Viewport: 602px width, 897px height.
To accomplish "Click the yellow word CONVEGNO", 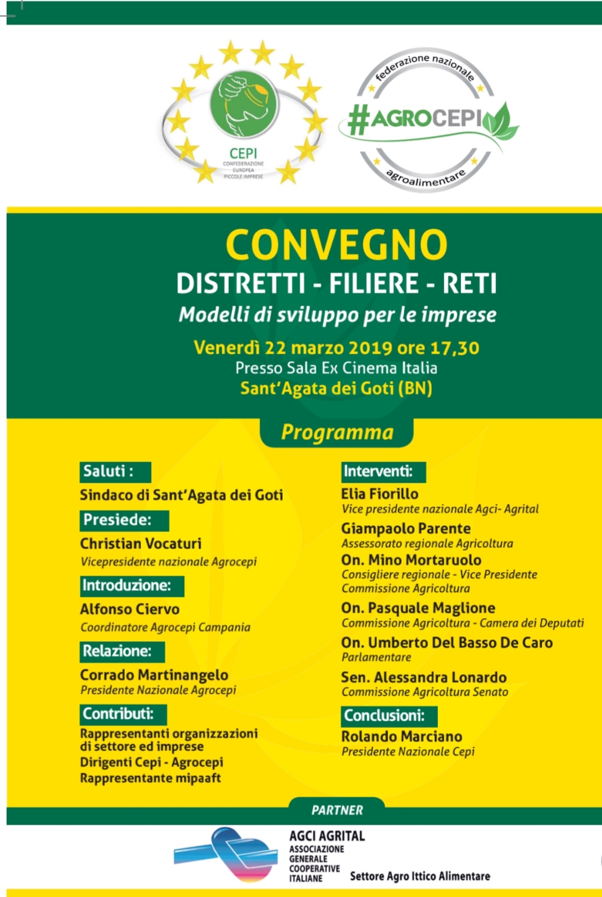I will (336, 245).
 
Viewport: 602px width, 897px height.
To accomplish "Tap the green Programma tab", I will (337, 432).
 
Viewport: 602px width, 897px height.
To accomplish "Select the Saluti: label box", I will (115, 472).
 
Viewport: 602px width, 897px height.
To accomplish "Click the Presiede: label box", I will (124, 520).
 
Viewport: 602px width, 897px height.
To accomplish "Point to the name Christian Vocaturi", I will (140, 543).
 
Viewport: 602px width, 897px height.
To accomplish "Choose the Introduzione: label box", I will (132, 586).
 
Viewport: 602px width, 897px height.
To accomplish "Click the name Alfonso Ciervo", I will (130, 609).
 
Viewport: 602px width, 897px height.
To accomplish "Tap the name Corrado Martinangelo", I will (154, 675).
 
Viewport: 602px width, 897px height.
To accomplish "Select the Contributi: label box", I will (124, 714).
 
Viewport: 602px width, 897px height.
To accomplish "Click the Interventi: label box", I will (383, 472).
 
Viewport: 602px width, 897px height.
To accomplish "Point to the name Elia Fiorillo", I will (379, 494).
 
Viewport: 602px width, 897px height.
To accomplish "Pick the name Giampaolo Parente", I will (405, 528).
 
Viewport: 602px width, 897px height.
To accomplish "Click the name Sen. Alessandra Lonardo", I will (424, 677).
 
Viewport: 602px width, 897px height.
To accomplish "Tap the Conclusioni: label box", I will (389, 716).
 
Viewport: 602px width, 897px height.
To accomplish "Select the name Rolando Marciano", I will (402, 737).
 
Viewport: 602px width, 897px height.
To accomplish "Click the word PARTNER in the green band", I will (337, 810).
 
